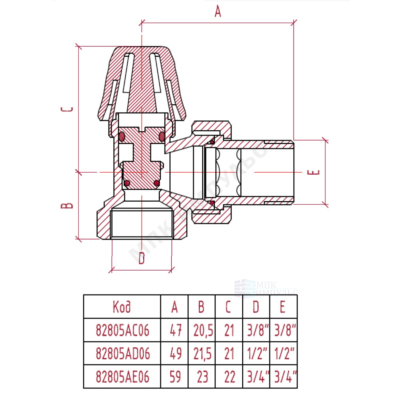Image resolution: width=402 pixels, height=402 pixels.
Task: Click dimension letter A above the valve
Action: point(218,12)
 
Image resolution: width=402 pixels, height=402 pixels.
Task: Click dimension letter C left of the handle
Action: point(67,109)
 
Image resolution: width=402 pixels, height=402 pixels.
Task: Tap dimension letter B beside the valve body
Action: point(67,206)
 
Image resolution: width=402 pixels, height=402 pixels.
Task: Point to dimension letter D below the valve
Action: point(142,258)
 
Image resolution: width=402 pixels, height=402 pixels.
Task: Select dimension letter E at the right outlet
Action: point(313,172)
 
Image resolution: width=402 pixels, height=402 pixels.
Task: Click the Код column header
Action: point(122,307)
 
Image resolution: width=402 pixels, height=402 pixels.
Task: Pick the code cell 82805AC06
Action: point(123,330)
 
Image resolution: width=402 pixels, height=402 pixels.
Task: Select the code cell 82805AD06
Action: point(123,354)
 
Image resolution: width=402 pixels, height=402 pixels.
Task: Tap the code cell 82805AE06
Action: point(123,377)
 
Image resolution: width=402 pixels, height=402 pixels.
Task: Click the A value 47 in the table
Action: point(176,330)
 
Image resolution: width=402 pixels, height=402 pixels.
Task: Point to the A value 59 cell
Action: point(175,377)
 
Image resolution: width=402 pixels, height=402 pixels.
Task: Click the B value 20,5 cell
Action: point(203,330)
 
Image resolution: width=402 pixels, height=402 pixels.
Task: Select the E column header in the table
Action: point(283,307)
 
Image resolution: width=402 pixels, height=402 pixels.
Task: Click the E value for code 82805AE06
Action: point(285,377)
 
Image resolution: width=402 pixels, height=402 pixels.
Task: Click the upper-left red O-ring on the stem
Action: point(122,137)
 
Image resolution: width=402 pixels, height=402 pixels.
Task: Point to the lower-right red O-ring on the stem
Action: point(156,183)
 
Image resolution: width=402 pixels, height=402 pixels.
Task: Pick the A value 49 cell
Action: point(176,354)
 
